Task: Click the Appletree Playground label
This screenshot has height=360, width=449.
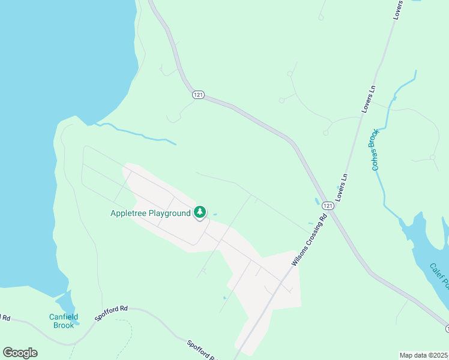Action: point(151,213)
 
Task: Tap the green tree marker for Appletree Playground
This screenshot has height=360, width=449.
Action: point(200,212)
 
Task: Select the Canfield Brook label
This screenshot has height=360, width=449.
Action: point(64,321)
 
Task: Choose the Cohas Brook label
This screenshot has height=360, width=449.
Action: point(375,150)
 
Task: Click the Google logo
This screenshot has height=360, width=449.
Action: point(20,352)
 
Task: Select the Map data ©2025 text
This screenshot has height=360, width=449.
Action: point(424,355)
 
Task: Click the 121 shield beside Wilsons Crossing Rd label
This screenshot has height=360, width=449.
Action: point(327,206)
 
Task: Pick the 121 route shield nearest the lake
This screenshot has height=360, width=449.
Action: point(199,95)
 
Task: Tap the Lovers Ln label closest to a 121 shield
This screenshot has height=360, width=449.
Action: point(343,187)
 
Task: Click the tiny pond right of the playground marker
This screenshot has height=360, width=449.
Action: point(215,214)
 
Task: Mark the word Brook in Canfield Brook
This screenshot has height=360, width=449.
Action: point(64,325)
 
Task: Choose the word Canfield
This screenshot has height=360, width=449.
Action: point(64,317)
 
